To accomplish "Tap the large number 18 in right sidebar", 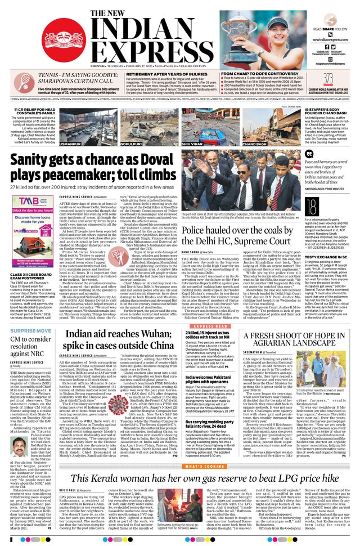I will tap(312, 205).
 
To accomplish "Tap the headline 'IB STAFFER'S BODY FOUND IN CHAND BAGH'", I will tap(327, 113).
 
